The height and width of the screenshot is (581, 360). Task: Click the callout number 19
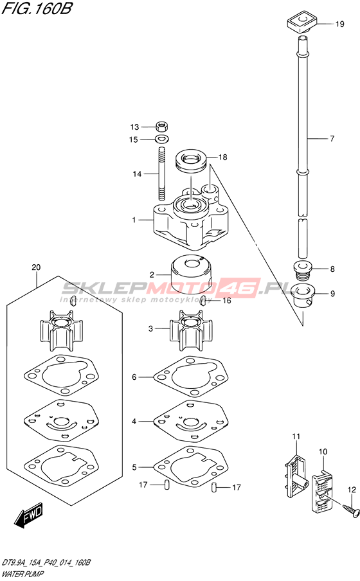coord(339,24)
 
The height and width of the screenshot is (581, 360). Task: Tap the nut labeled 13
coord(161,127)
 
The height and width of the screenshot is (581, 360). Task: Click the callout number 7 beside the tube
coord(332,139)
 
